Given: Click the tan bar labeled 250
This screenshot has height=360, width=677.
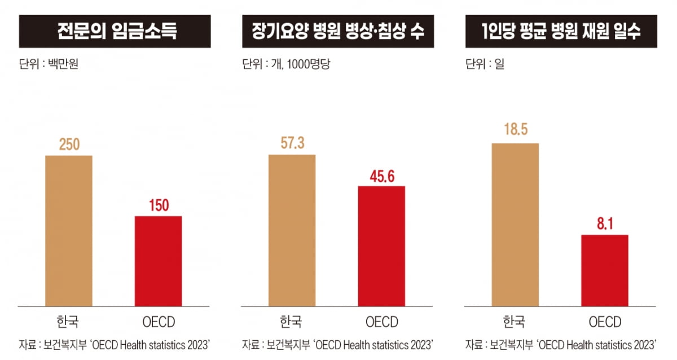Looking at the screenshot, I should tap(68, 231).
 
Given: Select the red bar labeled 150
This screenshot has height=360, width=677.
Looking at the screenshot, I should tap(158, 261).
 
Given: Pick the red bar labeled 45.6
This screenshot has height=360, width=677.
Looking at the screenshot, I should tap(381, 246).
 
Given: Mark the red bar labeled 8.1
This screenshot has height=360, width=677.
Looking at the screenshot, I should tap(605, 270).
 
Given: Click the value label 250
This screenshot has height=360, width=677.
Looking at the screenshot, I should tap(68, 145).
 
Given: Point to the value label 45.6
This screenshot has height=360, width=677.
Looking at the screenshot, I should tap(381, 175).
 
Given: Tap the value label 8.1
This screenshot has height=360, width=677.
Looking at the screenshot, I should tap(605, 225).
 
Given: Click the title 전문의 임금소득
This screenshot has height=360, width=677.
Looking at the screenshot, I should tap(116, 31).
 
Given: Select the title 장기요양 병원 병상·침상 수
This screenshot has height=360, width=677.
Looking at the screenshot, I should tap(338, 31).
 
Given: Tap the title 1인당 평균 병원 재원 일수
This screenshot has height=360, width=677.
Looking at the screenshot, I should tap(562, 31).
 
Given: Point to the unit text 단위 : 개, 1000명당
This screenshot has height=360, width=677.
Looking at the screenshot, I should tap(286, 64).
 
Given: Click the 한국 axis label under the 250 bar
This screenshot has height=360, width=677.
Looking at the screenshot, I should tap(68, 322).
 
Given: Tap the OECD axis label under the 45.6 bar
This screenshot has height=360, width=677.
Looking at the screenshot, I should tap(381, 322).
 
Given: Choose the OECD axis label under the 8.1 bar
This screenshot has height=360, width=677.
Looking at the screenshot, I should tap(605, 322).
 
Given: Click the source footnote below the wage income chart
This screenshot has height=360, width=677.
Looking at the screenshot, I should tap(115, 344).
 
